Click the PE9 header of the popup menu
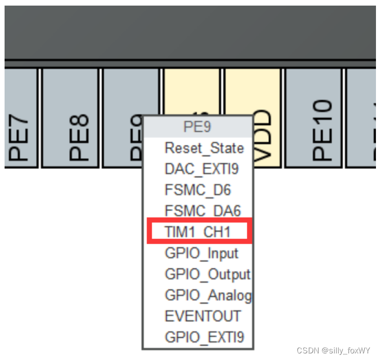(x=197, y=126)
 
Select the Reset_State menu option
(x=204, y=148)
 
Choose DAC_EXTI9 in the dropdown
(x=201, y=169)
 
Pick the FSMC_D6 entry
(x=198, y=190)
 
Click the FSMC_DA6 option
(x=202, y=211)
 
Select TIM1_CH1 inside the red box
(x=198, y=232)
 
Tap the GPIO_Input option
(x=201, y=253)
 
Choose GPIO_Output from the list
(x=207, y=274)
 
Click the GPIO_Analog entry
(x=207, y=295)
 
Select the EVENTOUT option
(x=202, y=316)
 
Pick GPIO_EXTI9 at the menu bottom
(x=204, y=337)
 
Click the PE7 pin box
(x=20, y=118)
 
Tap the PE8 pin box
(x=70, y=118)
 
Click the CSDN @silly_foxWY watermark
(x=333, y=351)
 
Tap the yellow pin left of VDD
(x=192, y=92)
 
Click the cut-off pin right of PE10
(x=362, y=118)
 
